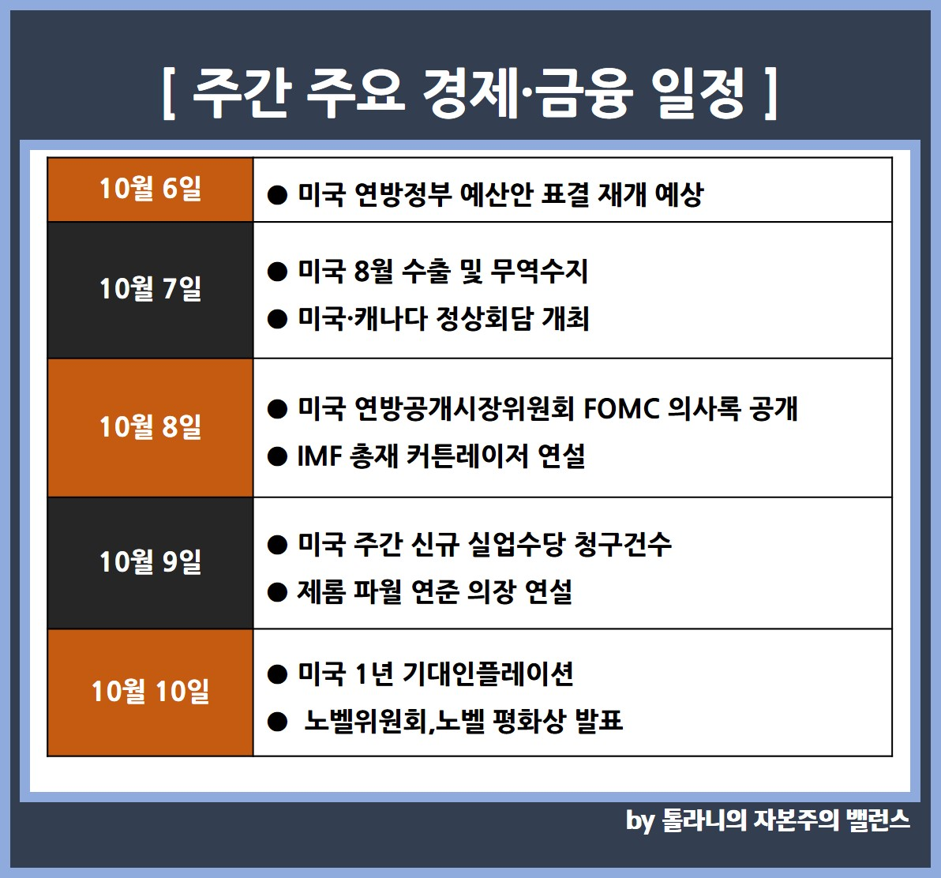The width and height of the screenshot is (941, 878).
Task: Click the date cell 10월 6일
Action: (x=150, y=189)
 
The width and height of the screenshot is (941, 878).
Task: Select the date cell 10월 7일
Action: (x=150, y=290)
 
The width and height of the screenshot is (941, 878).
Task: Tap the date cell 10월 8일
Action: (x=150, y=428)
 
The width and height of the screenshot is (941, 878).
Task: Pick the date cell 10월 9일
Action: (x=150, y=563)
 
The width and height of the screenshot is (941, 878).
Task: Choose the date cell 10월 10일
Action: (x=150, y=692)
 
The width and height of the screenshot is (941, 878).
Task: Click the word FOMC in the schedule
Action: (x=621, y=409)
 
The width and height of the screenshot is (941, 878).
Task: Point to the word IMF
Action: (x=319, y=456)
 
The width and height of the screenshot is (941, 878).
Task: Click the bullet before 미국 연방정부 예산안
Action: (x=277, y=195)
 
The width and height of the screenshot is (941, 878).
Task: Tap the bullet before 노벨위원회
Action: (x=277, y=722)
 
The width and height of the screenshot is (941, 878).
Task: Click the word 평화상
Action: (x=529, y=721)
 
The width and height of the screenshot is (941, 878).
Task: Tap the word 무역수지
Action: (x=539, y=272)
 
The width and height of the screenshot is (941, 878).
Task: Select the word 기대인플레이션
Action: (x=487, y=674)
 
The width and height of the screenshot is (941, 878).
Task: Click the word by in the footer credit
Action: (x=639, y=821)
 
